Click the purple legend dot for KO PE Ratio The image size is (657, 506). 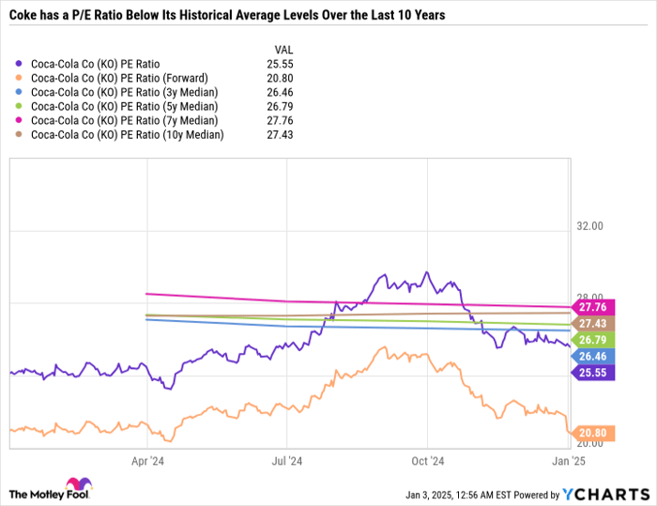[x=19, y=65]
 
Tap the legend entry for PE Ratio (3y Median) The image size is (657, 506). [x=124, y=93]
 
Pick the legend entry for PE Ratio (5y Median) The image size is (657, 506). [x=124, y=107]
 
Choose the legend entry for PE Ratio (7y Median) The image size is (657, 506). [x=124, y=121]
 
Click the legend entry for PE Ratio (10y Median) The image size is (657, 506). [x=127, y=135]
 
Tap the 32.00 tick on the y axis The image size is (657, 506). [x=590, y=226]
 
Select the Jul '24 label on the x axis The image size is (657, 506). [x=287, y=461]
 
